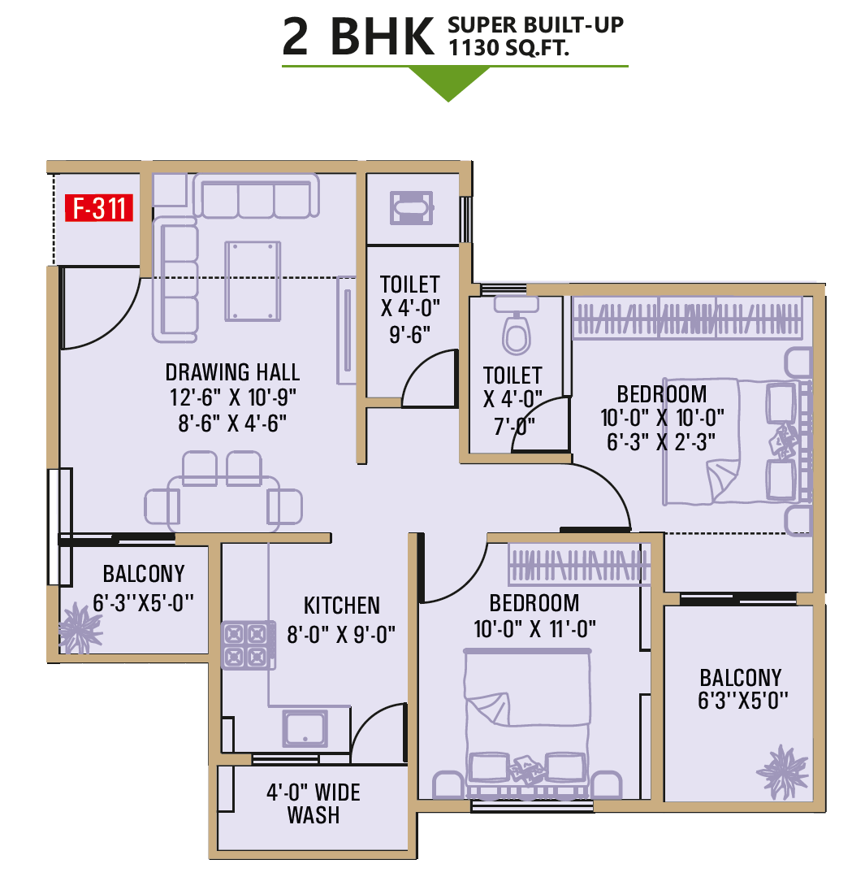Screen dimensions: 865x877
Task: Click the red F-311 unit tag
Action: pyautogui.click(x=99, y=208)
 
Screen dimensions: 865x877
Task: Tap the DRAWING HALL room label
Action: pyautogui.click(x=232, y=372)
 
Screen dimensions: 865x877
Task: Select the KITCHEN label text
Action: pyautogui.click(x=341, y=606)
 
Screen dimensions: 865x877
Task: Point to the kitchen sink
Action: pyautogui.click(x=305, y=728)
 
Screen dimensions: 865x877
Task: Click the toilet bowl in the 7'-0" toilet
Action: pyautogui.click(x=517, y=335)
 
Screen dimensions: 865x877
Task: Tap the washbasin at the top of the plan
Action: pyautogui.click(x=412, y=208)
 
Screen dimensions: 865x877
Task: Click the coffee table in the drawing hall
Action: pyautogui.click(x=253, y=280)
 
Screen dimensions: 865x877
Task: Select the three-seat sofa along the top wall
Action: pyautogui.click(x=257, y=195)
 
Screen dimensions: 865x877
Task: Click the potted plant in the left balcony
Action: pyautogui.click(x=80, y=628)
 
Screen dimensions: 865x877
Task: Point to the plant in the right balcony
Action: pyautogui.click(x=782, y=771)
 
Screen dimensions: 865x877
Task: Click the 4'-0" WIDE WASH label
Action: pyautogui.click(x=314, y=804)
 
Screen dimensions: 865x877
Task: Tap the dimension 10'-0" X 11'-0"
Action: pyautogui.click(x=534, y=629)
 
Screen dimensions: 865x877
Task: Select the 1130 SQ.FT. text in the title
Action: pyautogui.click(x=508, y=48)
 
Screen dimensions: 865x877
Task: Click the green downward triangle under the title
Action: pyautogui.click(x=448, y=84)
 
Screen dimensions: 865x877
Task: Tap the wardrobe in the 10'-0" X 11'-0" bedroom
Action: pyautogui.click(x=579, y=564)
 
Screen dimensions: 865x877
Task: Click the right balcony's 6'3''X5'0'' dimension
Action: pyautogui.click(x=742, y=701)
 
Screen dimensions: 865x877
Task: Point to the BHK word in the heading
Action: pyautogui.click(x=383, y=37)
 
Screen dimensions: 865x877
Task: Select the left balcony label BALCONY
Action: pyautogui.click(x=144, y=574)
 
